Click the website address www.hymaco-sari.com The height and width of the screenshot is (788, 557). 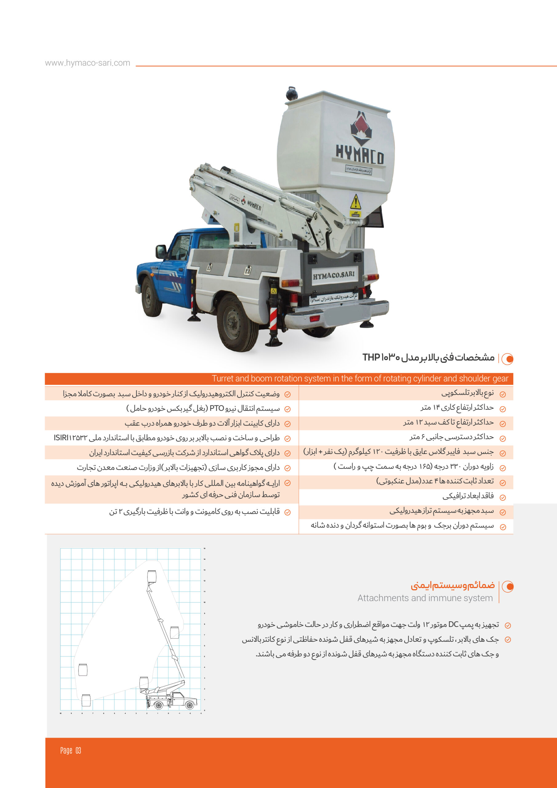87,63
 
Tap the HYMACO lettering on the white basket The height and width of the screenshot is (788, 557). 359,155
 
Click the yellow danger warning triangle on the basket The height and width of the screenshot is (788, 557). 355,202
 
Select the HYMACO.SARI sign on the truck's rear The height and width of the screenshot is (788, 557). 334,275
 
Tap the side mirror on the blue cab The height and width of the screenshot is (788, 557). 160,251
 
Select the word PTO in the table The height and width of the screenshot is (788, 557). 217,408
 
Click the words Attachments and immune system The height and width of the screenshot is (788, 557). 425,598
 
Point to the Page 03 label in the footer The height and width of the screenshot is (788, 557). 71,750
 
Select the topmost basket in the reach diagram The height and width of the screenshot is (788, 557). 151,576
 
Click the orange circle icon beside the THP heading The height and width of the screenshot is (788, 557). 507,359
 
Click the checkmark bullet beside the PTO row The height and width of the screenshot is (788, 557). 288,409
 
